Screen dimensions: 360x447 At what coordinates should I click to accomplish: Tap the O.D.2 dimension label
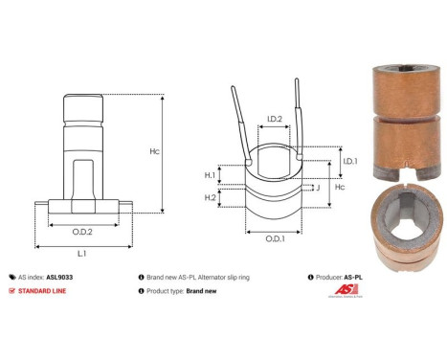click(x=82, y=231)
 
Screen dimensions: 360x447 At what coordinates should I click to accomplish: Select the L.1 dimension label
click(x=82, y=254)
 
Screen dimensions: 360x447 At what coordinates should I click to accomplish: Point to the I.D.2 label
click(x=274, y=120)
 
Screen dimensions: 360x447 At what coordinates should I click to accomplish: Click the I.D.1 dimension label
click(x=349, y=162)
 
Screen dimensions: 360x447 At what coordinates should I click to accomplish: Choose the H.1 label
click(x=210, y=175)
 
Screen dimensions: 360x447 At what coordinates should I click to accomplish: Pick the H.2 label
click(x=210, y=197)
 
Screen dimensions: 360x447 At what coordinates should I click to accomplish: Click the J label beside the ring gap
click(x=318, y=189)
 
